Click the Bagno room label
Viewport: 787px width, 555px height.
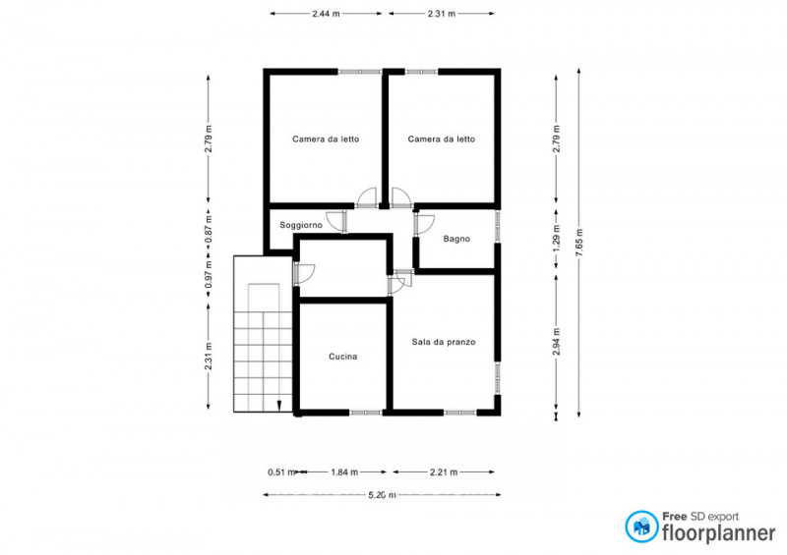click(x=456, y=239)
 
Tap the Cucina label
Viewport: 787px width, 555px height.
click(x=342, y=357)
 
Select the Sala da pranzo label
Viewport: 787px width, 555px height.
click(x=444, y=342)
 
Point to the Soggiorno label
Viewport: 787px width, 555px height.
click(x=301, y=225)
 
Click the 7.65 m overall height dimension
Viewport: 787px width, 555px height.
click(x=579, y=243)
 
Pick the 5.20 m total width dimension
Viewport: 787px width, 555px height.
click(x=383, y=495)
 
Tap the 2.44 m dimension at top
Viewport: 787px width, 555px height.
click(x=326, y=14)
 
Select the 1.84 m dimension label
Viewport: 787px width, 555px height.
click(x=344, y=472)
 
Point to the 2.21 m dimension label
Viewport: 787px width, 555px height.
click(x=444, y=472)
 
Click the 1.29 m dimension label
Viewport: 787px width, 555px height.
click(x=556, y=244)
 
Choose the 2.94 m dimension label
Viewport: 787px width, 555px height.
click(x=556, y=342)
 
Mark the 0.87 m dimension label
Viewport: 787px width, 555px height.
click(x=209, y=229)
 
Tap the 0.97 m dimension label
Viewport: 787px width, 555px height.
click(x=209, y=274)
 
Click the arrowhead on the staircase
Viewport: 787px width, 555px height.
click(x=279, y=406)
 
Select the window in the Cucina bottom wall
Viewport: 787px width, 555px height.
click(x=366, y=413)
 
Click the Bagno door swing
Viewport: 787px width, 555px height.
click(x=426, y=223)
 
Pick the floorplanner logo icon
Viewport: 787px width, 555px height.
click(x=641, y=527)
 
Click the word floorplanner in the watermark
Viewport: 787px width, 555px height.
click(x=719, y=532)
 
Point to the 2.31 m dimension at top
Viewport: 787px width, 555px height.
click(x=442, y=14)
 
